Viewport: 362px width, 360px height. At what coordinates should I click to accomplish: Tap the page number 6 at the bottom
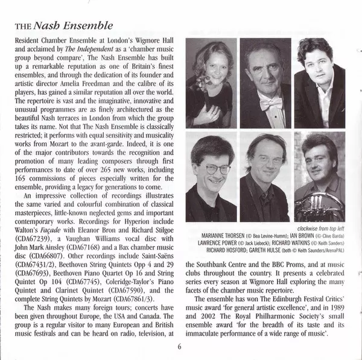point(179,346)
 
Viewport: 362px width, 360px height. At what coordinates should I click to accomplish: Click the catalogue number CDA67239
point(30,238)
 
